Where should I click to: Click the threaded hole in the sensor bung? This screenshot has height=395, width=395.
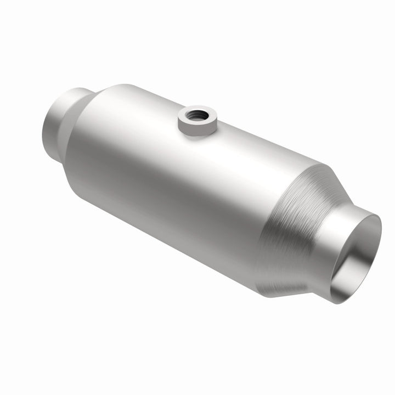click(195, 115)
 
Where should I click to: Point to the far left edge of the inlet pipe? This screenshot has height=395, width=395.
click(43, 123)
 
